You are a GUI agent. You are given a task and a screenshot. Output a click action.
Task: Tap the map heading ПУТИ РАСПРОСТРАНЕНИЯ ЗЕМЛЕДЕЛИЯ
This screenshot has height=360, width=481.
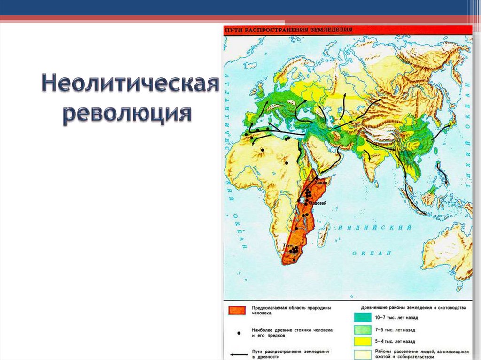[288, 30]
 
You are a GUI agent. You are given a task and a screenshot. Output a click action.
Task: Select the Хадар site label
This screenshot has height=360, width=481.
[319, 183]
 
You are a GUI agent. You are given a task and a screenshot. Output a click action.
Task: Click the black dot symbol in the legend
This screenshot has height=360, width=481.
[239, 333]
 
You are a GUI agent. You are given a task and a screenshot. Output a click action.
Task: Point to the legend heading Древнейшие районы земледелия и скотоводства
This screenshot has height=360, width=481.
[413, 308]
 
